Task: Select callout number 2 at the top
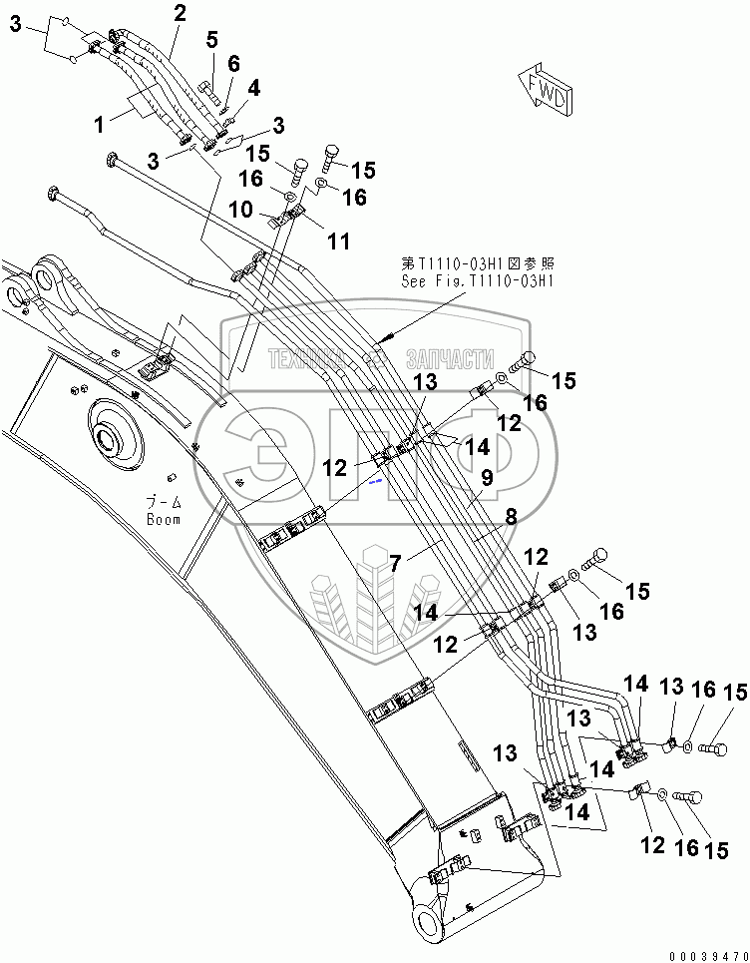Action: tap(179, 14)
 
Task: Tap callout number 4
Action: tap(253, 88)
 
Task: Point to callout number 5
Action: tap(211, 40)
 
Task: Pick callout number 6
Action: tap(233, 63)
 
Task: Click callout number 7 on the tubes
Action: tap(396, 564)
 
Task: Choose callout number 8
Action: tap(510, 517)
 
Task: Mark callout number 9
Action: tap(487, 478)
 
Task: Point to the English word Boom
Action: tap(163, 519)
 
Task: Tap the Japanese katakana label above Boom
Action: tap(161, 504)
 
